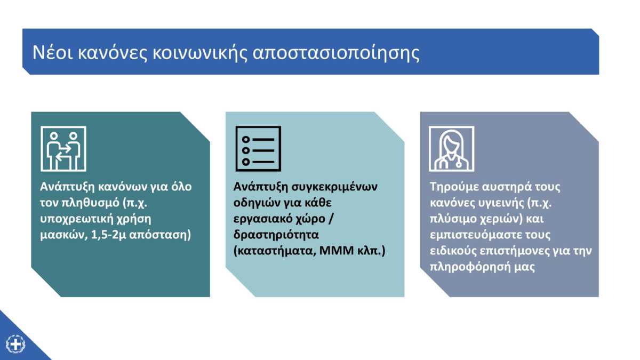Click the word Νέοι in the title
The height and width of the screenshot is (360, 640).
click(x=53, y=52)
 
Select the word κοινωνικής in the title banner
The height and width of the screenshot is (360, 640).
click(x=199, y=53)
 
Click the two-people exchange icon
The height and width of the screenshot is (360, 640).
click(x=63, y=149)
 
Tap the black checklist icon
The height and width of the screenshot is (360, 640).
click(x=258, y=149)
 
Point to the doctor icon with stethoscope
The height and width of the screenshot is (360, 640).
click(x=452, y=149)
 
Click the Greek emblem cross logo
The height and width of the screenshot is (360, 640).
click(x=15, y=344)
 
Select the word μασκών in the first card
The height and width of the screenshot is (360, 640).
click(x=63, y=235)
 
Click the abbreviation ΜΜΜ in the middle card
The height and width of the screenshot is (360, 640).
click(x=337, y=251)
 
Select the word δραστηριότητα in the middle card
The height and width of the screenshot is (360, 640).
click(x=276, y=235)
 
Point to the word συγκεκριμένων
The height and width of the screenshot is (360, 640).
click(x=334, y=187)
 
